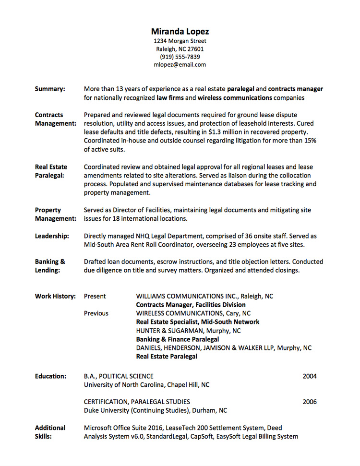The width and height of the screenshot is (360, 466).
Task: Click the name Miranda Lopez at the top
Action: (x=180, y=32)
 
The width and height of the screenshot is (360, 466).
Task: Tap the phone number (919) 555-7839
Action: (x=180, y=57)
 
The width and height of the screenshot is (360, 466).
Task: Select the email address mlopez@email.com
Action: (x=180, y=64)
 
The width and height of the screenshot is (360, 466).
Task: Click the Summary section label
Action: (x=50, y=89)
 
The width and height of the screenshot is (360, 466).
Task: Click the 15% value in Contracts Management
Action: (x=310, y=141)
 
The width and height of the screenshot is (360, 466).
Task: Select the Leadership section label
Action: (x=52, y=236)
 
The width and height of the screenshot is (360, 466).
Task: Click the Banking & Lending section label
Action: (x=50, y=266)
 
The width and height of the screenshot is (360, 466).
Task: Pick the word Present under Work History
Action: (x=95, y=296)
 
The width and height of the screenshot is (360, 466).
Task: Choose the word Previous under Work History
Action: (x=96, y=313)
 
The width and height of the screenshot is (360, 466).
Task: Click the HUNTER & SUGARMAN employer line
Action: (x=189, y=331)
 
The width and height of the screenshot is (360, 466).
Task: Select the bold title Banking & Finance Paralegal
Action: (x=178, y=339)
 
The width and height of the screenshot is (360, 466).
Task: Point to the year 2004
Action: (x=310, y=376)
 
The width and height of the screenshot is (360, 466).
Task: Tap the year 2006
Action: (x=310, y=402)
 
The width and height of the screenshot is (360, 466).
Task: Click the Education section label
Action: (x=50, y=376)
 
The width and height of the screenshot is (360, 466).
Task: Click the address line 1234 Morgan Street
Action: (x=180, y=41)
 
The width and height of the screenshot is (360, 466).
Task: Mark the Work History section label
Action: (x=55, y=296)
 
